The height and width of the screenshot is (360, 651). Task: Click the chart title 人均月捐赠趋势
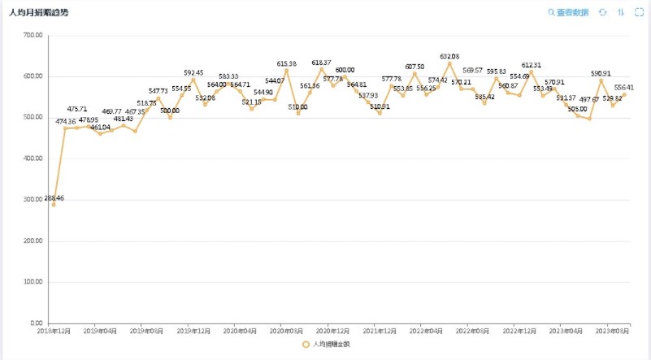click(x=39, y=13)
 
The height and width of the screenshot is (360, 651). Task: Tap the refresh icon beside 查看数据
click(x=603, y=13)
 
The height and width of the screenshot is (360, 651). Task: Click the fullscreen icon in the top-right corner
click(x=638, y=13)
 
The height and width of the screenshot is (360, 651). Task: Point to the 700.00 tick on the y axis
click(x=33, y=36)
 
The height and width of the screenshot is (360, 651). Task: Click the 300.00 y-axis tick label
click(x=33, y=200)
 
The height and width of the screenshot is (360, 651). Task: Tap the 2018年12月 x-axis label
click(x=54, y=332)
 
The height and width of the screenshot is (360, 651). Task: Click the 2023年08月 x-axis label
click(x=612, y=332)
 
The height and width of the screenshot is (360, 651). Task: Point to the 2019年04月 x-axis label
click(x=101, y=332)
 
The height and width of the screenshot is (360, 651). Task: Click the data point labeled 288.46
click(x=54, y=204)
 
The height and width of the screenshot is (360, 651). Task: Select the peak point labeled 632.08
click(x=449, y=63)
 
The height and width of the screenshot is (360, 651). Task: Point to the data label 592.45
click(x=193, y=72)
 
